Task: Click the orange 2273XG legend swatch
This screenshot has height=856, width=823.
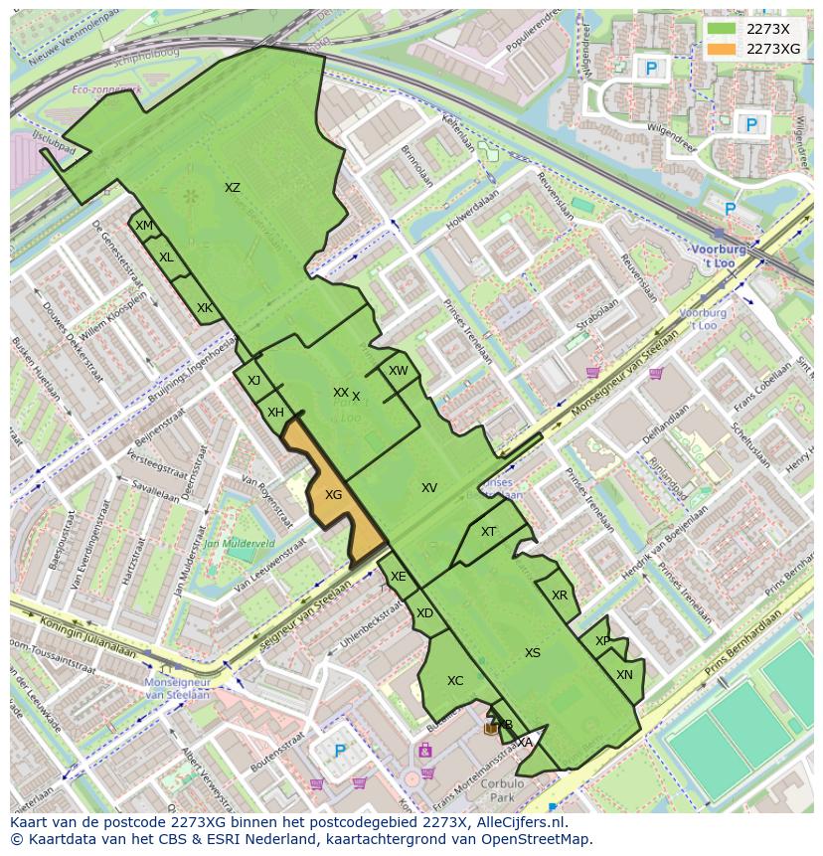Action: [x=723, y=49]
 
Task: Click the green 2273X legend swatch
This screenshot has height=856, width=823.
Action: [x=723, y=30]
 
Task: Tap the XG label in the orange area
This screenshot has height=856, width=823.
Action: [x=334, y=494]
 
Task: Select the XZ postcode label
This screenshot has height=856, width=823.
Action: [x=233, y=188]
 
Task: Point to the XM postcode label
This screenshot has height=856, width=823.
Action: [x=144, y=226]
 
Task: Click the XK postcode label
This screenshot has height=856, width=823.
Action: [x=205, y=308]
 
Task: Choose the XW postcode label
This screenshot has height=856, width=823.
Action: [x=399, y=371]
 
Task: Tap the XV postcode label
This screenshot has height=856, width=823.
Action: [x=429, y=488]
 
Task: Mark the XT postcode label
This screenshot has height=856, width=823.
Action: [x=489, y=532]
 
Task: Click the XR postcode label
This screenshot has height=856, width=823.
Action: [x=560, y=596]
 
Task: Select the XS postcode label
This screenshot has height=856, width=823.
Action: [x=533, y=653]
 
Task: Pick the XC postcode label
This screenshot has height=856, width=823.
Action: [x=455, y=681]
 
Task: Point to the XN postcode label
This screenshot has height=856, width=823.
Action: [x=624, y=675]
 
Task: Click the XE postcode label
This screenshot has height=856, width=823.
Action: [x=399, y=577]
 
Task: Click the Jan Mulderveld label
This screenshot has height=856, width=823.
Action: [x=239, y=545]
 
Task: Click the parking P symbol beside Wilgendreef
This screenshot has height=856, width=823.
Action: [x=752, y=125]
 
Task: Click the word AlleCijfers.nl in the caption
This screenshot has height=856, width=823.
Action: [x=517, y=823]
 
